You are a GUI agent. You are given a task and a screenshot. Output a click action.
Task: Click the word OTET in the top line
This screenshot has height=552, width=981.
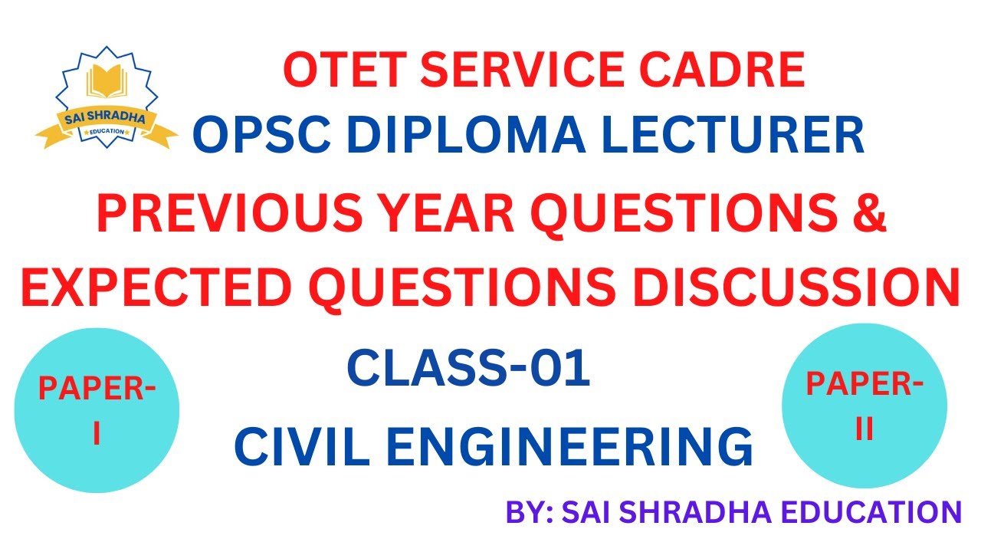pyautogui.click(x=345, y=70)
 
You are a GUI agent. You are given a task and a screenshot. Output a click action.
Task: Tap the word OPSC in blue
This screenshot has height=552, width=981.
pyautogui.click(x=261, y=133)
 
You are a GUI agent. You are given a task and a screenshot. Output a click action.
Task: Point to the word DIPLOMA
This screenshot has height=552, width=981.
pyautogui.click(x=466, y=133)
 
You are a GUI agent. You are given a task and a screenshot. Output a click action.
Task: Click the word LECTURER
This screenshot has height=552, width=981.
pyautogui.click(x=733, y=133)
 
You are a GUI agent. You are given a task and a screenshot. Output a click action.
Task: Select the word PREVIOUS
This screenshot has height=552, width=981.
pyautogui.click(x=229, y=212)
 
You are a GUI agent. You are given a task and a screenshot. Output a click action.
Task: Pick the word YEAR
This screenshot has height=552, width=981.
pyautogui.click(x=446, y=212)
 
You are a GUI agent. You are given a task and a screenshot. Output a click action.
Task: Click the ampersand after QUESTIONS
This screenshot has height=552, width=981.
pyautogui.click(x=869, y=212)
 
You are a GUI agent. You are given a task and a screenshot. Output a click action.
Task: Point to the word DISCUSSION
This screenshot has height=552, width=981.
pyautogui.click(x=796, y=287)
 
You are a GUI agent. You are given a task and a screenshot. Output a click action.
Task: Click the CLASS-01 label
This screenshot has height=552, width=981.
pyautogui.click(x=468, y=367)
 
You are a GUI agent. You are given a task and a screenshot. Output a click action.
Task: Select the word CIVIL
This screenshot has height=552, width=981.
pyautogui.click(x=302, y=446)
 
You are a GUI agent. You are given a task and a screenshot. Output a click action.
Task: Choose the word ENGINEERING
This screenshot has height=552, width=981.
pyautogui.click(x=570, y=446)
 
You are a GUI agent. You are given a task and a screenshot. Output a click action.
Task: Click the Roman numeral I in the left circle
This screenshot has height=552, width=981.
pyautogui.click(x=97, y=434)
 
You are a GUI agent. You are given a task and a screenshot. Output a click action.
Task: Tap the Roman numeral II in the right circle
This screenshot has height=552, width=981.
pyautogui.click(x=865, y=428)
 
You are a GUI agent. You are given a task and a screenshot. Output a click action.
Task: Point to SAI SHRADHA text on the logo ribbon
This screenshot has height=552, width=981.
pyautogui.click(x=105, y=117)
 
